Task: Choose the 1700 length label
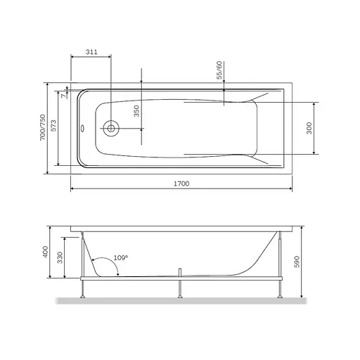coord(181,184)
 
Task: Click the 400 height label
coord(46,252)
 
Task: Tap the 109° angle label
coord(120,259)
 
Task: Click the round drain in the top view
coord(110,129)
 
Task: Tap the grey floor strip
coord(179,303)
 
